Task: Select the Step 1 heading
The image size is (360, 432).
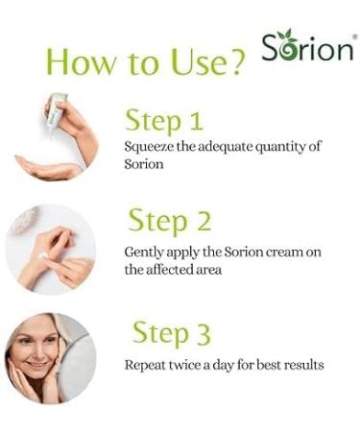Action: [x=165, y=121]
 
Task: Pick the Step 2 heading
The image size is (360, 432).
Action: [x=169, y=221]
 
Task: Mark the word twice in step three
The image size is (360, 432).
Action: [x=192, y=365]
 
